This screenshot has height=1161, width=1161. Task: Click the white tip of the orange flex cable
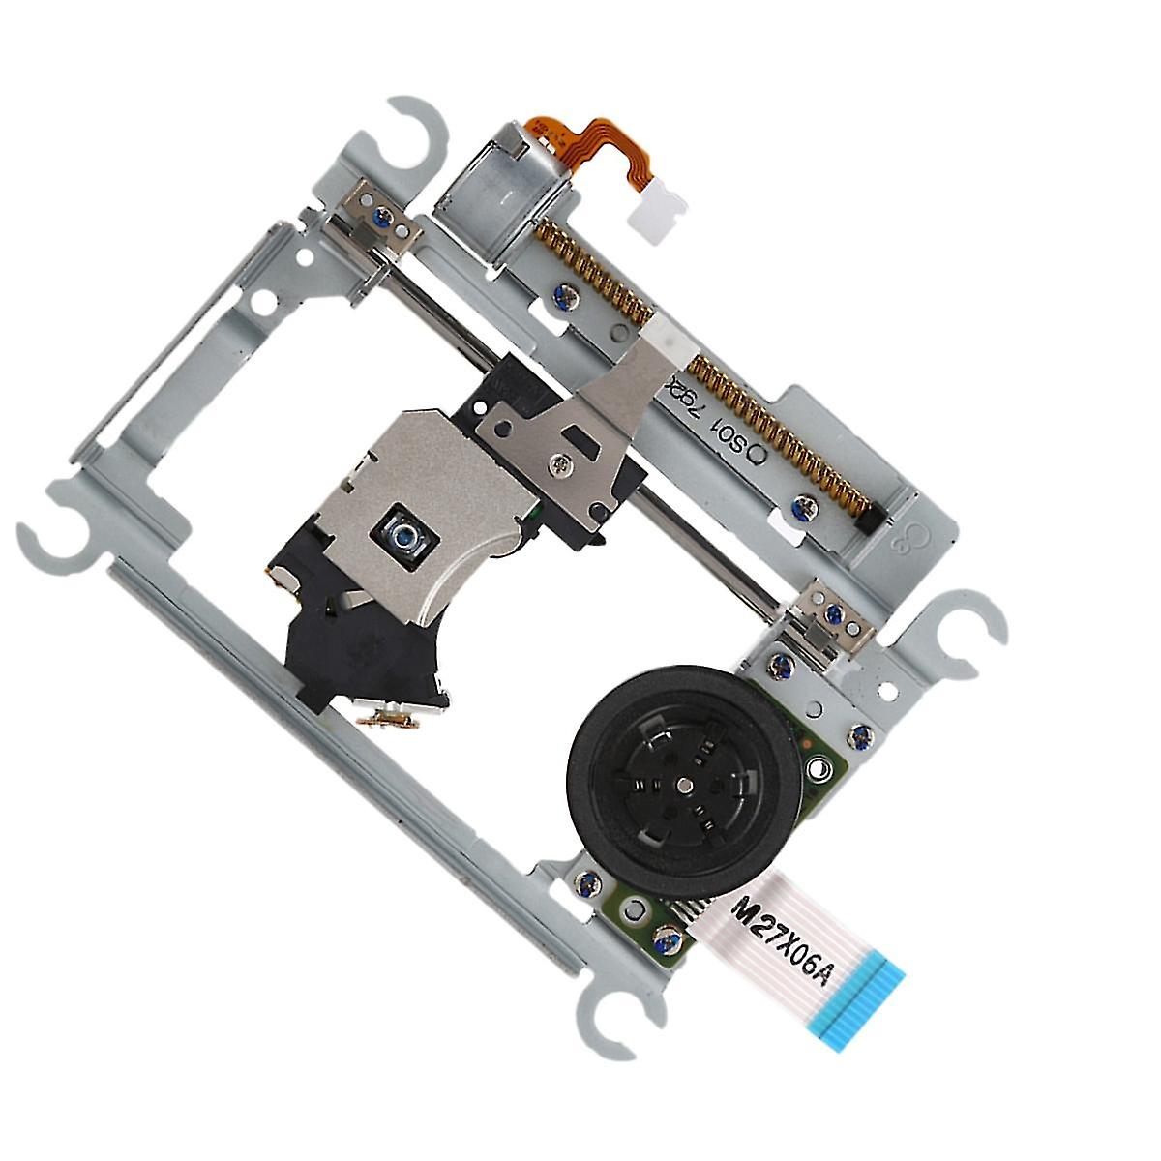pyautogui.click(x=657, y=207)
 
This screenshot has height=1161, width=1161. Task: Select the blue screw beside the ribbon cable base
pyautogui.click(x=665, y=937)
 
